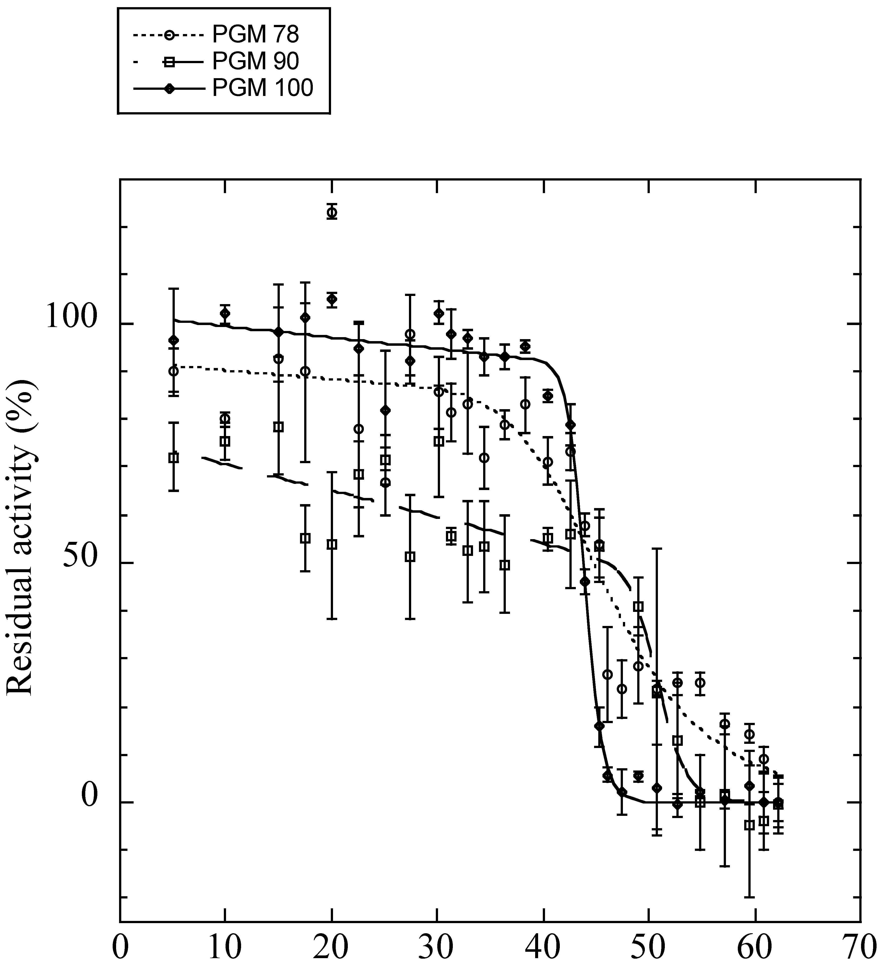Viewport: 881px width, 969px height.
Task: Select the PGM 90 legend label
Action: (255, 61)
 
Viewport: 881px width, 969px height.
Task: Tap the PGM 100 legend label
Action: (262, 88)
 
